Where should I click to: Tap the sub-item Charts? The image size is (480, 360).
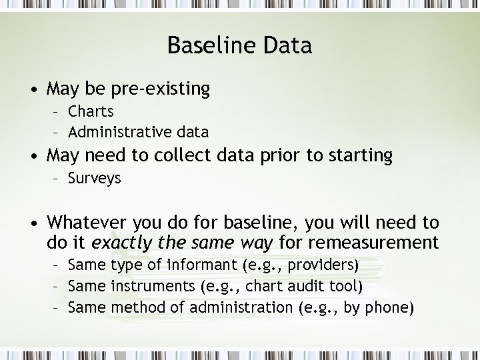pos(91,111)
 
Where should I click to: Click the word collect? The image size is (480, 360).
pos(191,155)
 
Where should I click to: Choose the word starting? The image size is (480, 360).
pos(359,155)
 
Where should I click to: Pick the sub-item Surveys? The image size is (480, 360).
pos(95,179)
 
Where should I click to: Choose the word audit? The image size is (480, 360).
pos(305,287)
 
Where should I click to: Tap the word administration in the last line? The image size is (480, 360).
pos(241,308)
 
